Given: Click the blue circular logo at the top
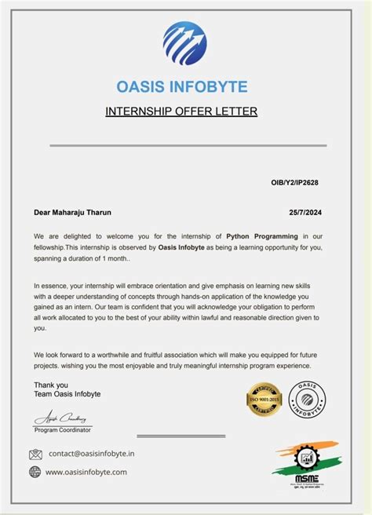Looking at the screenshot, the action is point(185,43).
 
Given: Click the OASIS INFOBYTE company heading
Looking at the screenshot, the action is point(181,86).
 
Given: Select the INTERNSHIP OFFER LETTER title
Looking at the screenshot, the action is point(181,111).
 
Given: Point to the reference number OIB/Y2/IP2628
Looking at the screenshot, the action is point(295,182).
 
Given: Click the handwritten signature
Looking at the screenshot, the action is point(59,417).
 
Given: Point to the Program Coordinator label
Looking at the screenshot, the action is point(63,430).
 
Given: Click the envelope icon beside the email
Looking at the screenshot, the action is point(35,454).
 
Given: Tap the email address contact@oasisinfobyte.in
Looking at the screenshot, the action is point(91,454).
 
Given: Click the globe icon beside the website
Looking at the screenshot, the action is point(35,472).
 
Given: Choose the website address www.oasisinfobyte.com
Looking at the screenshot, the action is point(86,472).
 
